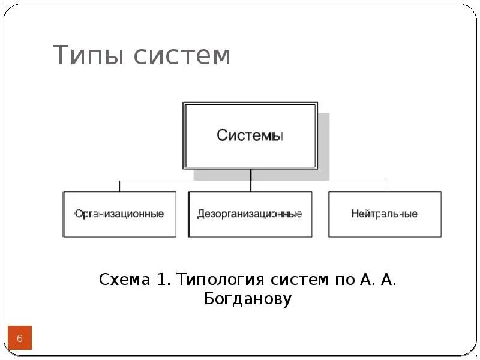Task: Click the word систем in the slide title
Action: pos(182,56)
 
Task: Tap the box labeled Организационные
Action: pos(119,214)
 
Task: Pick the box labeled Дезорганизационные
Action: pos(250,214)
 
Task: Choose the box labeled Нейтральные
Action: pos(385,214)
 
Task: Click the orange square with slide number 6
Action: pos(19,339)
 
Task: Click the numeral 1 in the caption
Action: pos(160,280)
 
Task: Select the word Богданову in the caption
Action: pos(248,299)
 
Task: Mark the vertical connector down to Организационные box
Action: pos(119,186)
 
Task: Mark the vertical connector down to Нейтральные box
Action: pos(385,186)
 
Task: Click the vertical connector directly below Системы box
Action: pos(250,175)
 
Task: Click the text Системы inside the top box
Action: pos(250,136)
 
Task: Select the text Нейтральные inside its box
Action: pos(385,214)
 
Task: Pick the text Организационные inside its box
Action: pos(119,214)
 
